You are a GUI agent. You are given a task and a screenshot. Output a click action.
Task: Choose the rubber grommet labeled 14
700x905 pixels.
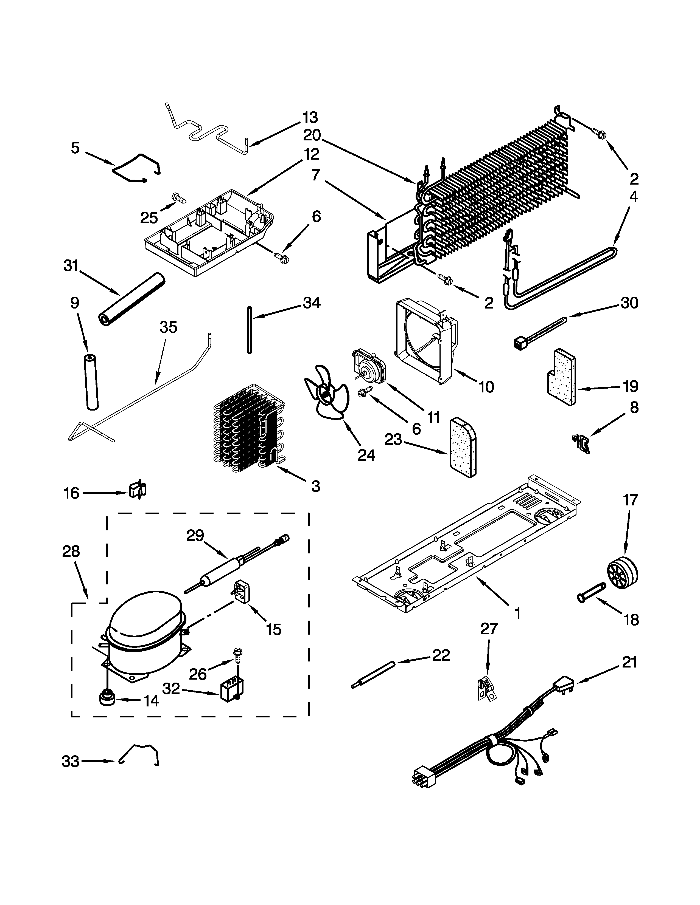tap(107, 697)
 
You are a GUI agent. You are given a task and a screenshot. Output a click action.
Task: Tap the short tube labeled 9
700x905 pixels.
tap(90, 382)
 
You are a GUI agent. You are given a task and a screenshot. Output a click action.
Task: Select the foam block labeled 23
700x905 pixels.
tap(463, 448)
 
